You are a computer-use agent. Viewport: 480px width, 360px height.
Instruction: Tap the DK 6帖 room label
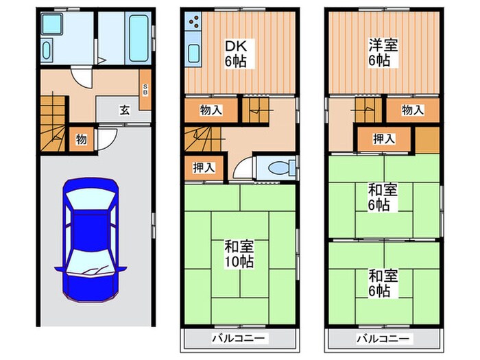(x=237, y=53)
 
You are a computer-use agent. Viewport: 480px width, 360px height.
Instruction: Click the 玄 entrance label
(x=124, y=110)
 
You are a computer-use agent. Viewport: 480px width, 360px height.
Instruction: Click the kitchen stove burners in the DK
(x=193, y=26)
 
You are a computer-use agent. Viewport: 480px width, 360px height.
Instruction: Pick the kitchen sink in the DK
(x=193, y=53)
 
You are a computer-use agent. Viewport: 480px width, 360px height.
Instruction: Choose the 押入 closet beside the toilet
(x=203, y=167)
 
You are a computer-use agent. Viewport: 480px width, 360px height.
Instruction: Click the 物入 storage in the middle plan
(x=210, y=110)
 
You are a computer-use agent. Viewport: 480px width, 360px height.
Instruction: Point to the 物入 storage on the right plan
(x=412, y=110)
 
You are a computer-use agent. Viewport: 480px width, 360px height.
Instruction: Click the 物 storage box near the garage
(x=81, y=140)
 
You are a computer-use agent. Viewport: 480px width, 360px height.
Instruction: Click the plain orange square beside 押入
(x=427, y=141)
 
